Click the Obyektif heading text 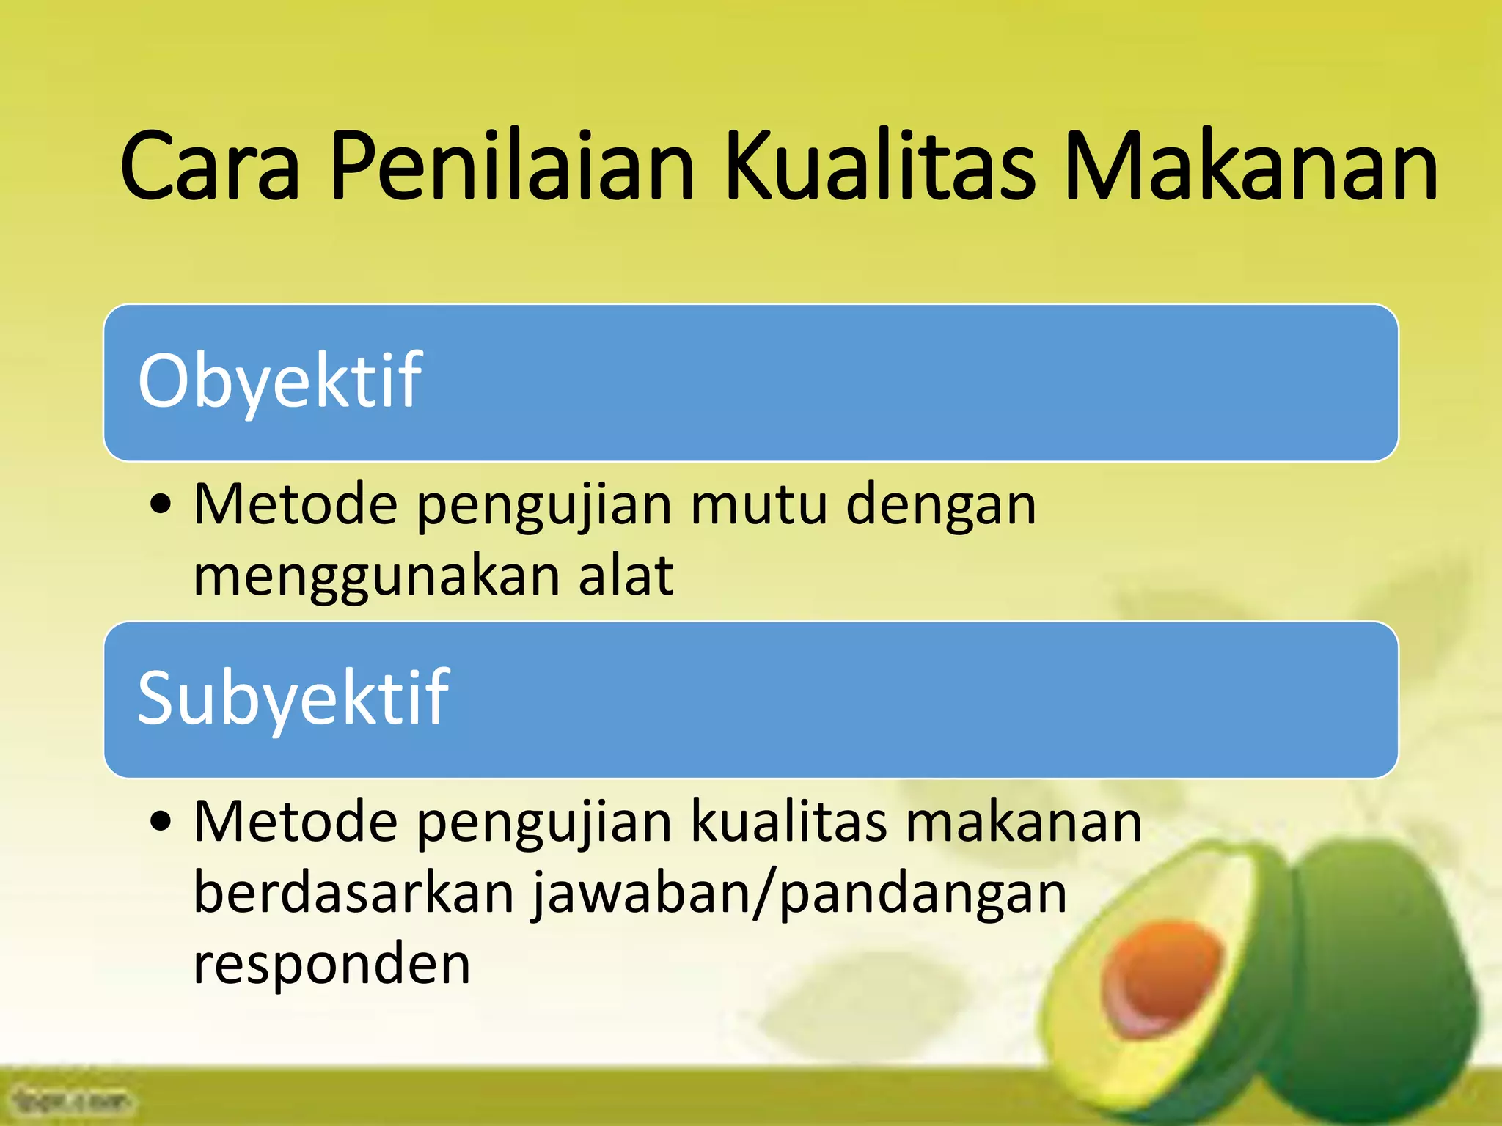(x=279, y=381)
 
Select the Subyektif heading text (x=293, y=699)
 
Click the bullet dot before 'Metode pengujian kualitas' (x=161, y=822)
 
